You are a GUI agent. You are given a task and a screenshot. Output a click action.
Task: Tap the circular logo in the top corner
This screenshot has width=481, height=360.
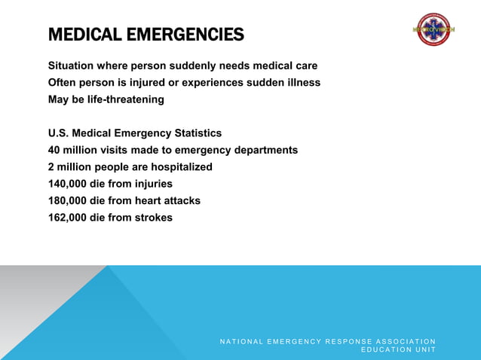434,29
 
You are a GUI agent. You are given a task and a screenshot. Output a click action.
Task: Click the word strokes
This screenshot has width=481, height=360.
153,218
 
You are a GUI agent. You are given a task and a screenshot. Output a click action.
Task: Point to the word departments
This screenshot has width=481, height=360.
267,150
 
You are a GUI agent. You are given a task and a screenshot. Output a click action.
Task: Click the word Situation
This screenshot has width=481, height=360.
72,66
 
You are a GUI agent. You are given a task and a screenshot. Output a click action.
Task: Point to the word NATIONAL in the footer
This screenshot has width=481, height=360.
242,342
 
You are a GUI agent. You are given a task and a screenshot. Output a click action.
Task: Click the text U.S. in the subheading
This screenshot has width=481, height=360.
59,133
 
